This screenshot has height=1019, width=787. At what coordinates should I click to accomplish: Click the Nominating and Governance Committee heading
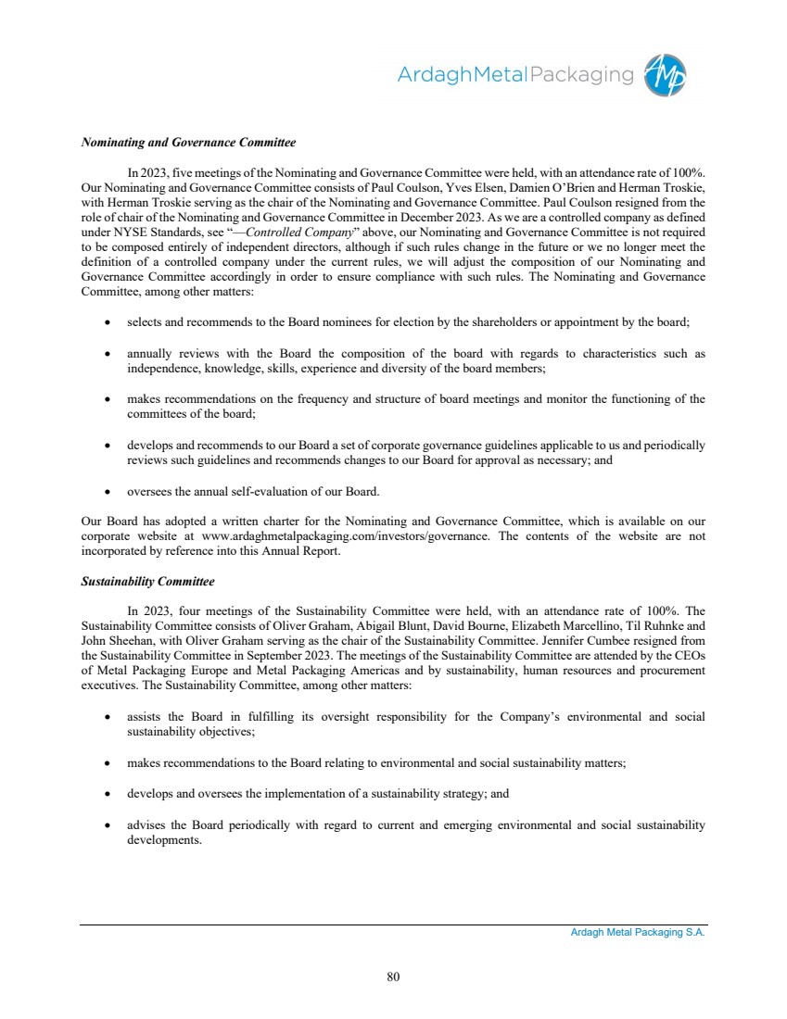point(188,144)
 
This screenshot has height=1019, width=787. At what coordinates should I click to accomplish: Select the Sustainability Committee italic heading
point(147,582)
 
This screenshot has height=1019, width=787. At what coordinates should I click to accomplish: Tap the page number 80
point(393,975)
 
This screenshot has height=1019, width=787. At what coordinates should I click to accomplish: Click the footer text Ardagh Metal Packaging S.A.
point(638,934)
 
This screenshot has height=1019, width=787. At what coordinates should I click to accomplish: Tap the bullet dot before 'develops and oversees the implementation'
point(108,795)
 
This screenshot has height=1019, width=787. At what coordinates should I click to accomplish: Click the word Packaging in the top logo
point(579,74)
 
